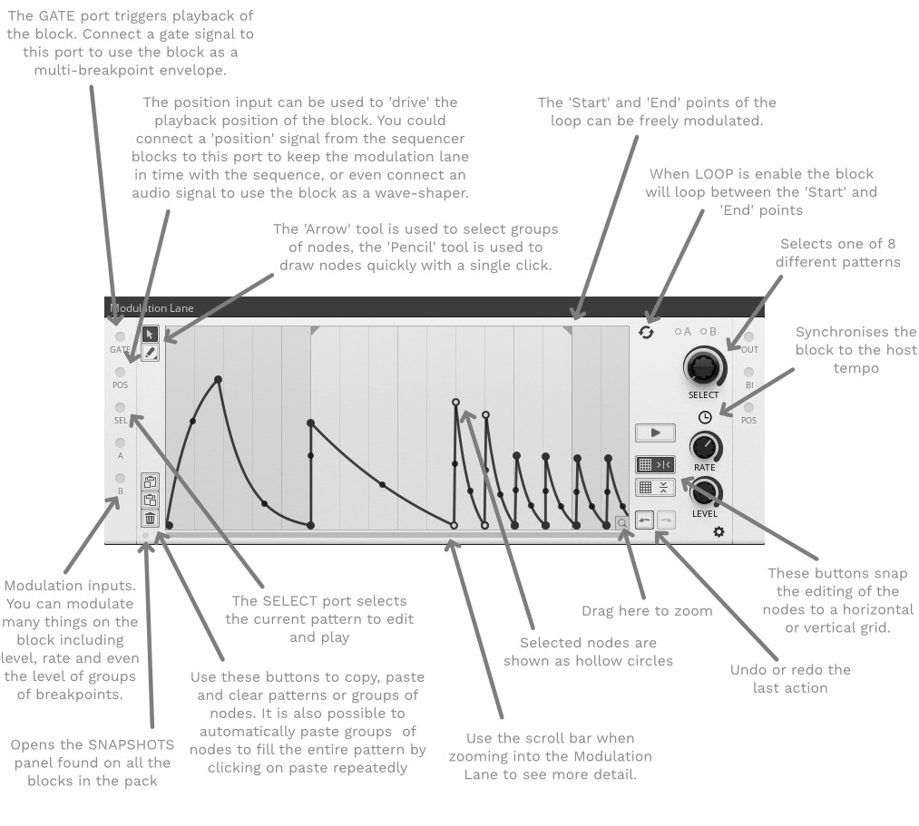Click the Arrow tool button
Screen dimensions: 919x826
click(x=150, y=334)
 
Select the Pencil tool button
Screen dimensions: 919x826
click(x=150, y=353)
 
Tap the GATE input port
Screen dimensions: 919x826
click(x=120, y=337)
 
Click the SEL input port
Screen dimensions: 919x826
click(x=120, y=407)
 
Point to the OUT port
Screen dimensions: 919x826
click(x=748, y=337)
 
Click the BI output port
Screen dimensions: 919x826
click(x=748, y=372)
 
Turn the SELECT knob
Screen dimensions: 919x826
click(x=703, y=367)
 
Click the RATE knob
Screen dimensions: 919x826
click(x=705, y=448)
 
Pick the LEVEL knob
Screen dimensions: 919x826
click(x=706, y=492)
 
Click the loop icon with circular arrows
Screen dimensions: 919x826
click(x=646, y=333)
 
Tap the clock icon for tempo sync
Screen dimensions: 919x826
click(x=705, y=417)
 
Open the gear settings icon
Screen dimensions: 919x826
click(x=719, y=531)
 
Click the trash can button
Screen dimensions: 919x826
click(x=150, y=519)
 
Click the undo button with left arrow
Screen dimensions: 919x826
click(x=645, y=520)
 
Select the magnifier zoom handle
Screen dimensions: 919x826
click(x=621, y=523)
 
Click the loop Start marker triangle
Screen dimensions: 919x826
click(x=314, y=330)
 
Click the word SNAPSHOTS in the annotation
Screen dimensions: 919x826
click(x=131, y=744)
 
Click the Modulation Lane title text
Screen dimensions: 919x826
click(x=152, y=308)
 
